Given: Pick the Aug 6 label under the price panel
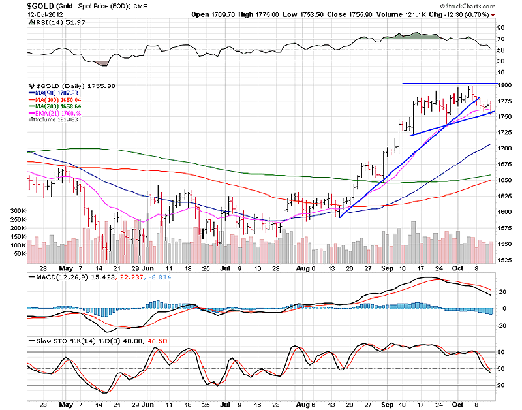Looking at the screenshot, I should coord(305,268).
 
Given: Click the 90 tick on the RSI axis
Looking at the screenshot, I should coord(500,28).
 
